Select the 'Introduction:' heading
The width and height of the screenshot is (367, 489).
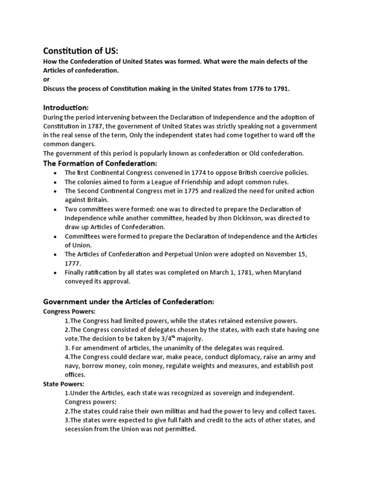[66, 107]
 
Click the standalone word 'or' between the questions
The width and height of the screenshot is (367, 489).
[46, 80]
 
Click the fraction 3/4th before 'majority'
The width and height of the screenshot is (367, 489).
[165, 339]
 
